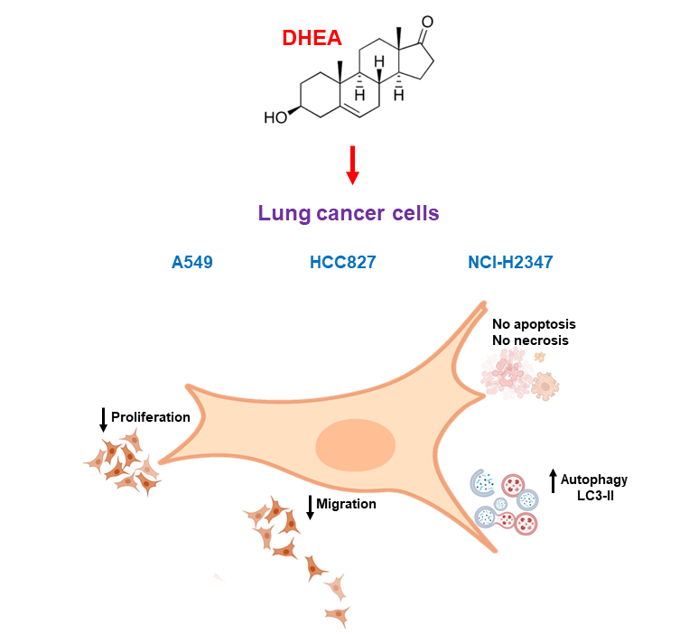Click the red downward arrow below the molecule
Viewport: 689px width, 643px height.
pos(353,165)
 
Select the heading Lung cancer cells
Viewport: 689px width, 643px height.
pos(349,213)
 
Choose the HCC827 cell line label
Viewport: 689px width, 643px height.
pos(342,263)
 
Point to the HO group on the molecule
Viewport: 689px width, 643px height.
pos(275,117)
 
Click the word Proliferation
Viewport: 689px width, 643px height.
pos(150,417)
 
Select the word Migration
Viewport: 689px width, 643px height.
pos(347,504)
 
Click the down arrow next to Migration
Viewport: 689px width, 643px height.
pos(311,507)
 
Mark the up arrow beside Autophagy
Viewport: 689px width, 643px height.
pos(554,480)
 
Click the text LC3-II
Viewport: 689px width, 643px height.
pos(595,496)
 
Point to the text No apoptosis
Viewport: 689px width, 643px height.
pos(534,323)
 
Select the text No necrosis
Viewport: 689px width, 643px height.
pos(530,340)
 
